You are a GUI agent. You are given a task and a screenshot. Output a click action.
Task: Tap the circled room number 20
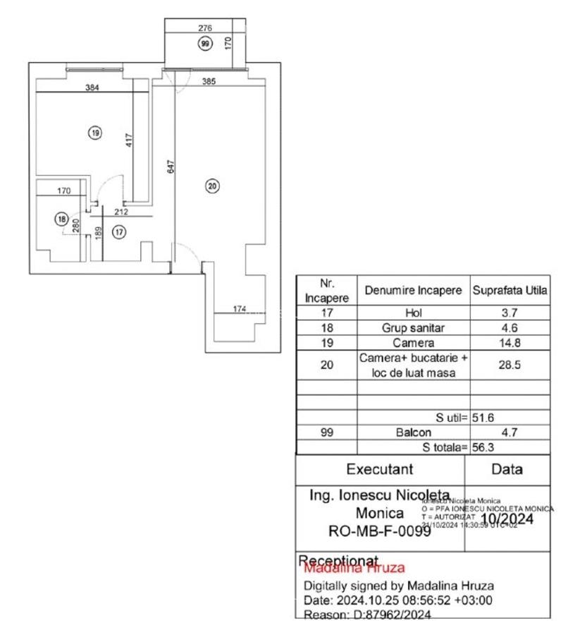[x=212, y=186]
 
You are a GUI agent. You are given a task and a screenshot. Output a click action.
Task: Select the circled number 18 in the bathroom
[x=61, y=219]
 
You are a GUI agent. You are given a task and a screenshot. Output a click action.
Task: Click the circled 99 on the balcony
[x=205, y=44]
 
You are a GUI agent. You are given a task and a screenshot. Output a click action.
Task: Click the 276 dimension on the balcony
[x=204, y=28]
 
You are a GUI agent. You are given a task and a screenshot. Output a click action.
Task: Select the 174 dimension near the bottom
[x=240, y=308]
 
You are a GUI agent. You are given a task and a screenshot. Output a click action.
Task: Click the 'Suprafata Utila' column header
[x=510, y=291]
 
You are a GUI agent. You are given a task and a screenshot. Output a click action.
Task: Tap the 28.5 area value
[x=510, y=365]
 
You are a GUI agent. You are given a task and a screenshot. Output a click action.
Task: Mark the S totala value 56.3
[x=483, y=447]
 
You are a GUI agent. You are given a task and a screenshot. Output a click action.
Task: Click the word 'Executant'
[x=379, y=469]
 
